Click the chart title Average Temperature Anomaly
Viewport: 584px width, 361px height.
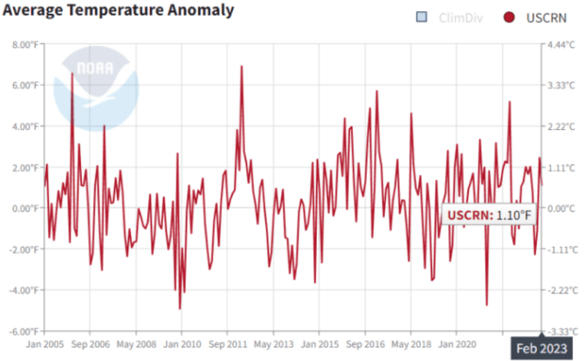coord(119,10)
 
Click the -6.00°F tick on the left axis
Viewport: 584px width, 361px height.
coord(24,331)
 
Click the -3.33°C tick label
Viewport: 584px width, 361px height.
coord(560,331)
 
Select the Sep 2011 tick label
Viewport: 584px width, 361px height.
coord(227,344)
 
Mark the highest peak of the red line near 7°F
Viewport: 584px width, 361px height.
coord(241,67)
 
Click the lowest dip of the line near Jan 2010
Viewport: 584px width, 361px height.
coord(180,308)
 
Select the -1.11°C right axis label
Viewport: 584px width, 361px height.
coord(560,249)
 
